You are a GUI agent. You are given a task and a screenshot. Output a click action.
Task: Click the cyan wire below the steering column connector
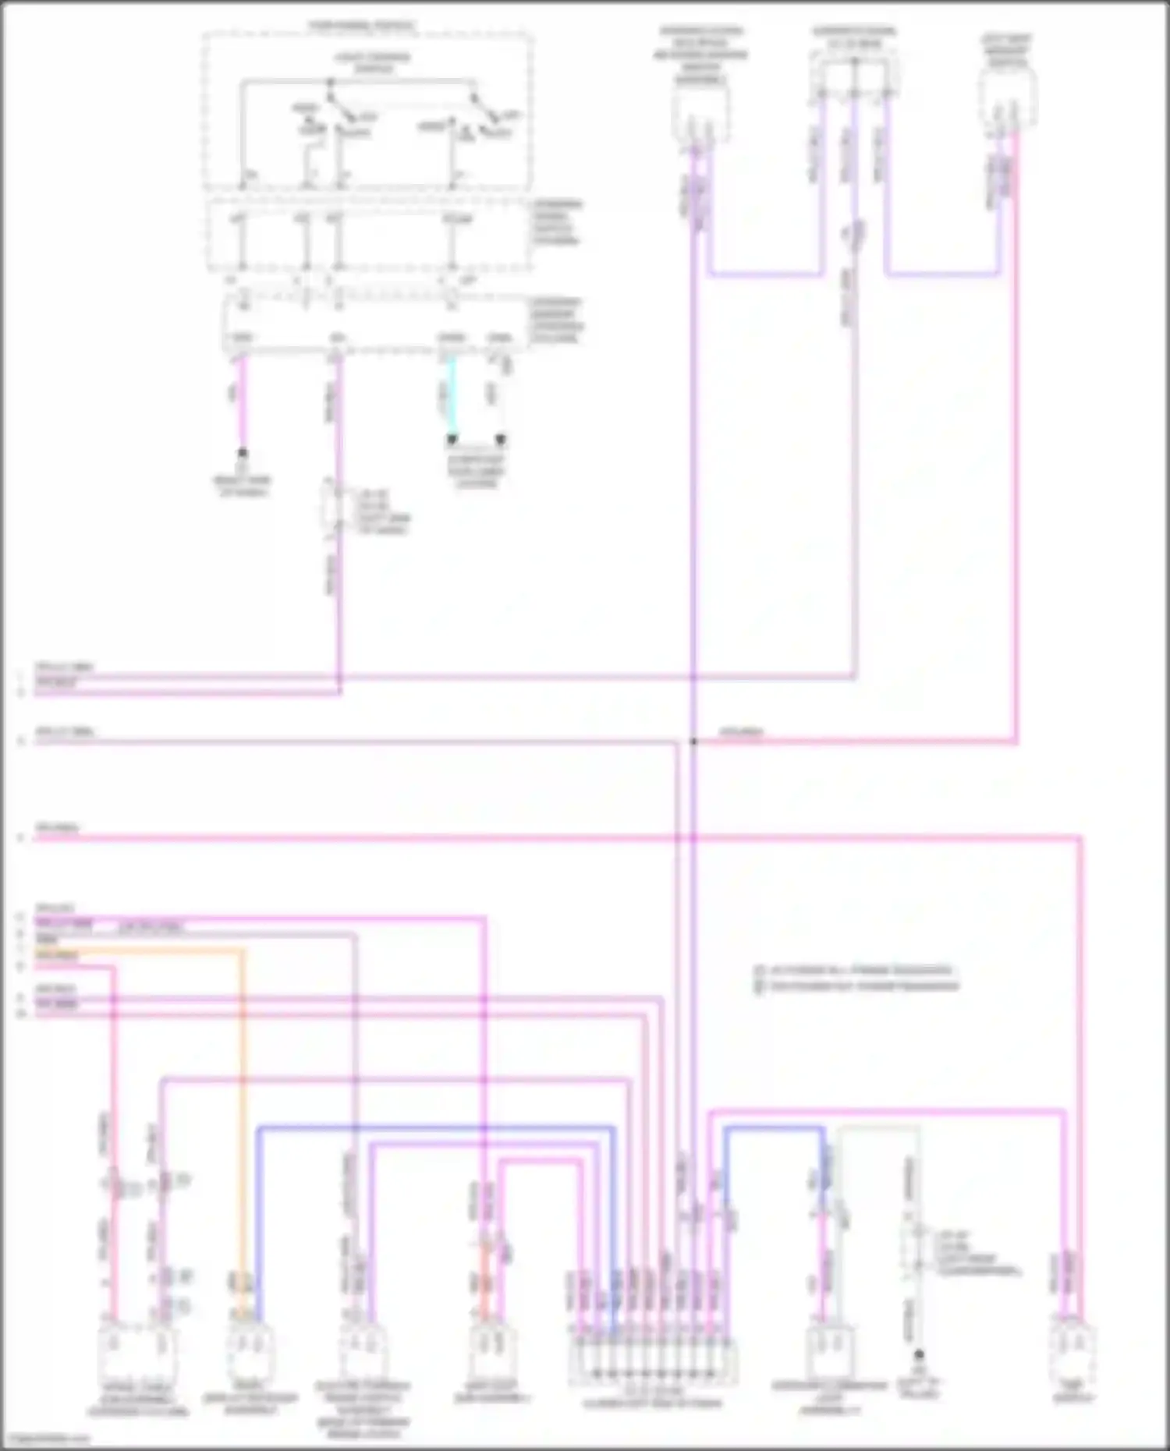tap(451, 398)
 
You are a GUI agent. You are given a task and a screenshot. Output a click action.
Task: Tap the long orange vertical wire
tap(242, 1131)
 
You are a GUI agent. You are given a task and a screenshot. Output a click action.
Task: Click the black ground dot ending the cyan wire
tap(452, 441)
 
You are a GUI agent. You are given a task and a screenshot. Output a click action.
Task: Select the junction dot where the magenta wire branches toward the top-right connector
tap(693, 741)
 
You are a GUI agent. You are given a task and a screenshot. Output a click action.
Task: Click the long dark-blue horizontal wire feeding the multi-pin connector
tap(437, 1127)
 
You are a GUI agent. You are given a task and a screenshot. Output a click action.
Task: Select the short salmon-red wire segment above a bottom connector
tap(484, 1279)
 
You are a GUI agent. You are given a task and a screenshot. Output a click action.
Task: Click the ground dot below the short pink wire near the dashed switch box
tap(243, 453)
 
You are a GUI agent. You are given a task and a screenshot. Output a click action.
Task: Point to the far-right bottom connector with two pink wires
tap(1072, 1353)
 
